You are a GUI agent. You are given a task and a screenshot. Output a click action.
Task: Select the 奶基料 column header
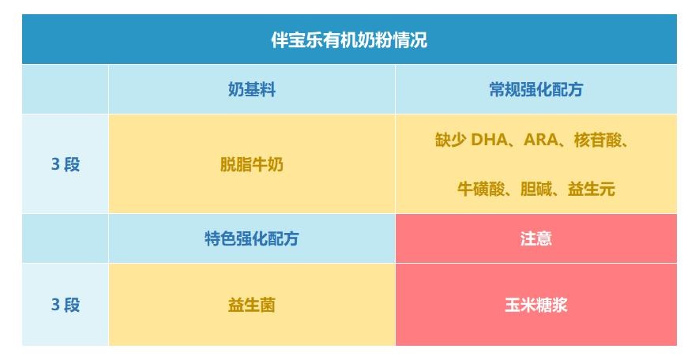click(251, 89)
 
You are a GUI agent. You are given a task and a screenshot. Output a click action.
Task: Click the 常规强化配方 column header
click(536, 89)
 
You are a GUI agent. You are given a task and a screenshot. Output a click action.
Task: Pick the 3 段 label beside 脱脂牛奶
click(66, 164)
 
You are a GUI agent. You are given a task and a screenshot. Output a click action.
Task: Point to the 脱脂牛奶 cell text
click(251, 164)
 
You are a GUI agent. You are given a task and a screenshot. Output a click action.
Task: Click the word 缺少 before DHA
click(450, 140)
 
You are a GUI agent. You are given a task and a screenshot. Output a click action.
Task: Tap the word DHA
click(489, 140)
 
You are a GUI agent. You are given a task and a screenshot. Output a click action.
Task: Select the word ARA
click(541, 140)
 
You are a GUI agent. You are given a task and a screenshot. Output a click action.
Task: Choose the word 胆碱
click(536, 189)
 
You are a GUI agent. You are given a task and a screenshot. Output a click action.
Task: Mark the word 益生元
click(591, 189)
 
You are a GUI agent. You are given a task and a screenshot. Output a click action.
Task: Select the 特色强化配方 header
click(251, 238)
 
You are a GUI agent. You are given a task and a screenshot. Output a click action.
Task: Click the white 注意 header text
click(536, 238)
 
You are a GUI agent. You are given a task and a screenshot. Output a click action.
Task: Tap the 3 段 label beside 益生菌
click(66, 305)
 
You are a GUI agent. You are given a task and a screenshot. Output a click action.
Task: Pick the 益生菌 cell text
click(251, 305)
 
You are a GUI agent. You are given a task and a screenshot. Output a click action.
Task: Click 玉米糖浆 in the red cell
click(536, 305)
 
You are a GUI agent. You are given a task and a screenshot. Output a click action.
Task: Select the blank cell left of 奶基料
click(65, 89)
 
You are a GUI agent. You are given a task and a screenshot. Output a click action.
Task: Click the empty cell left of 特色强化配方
click(65, 238)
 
